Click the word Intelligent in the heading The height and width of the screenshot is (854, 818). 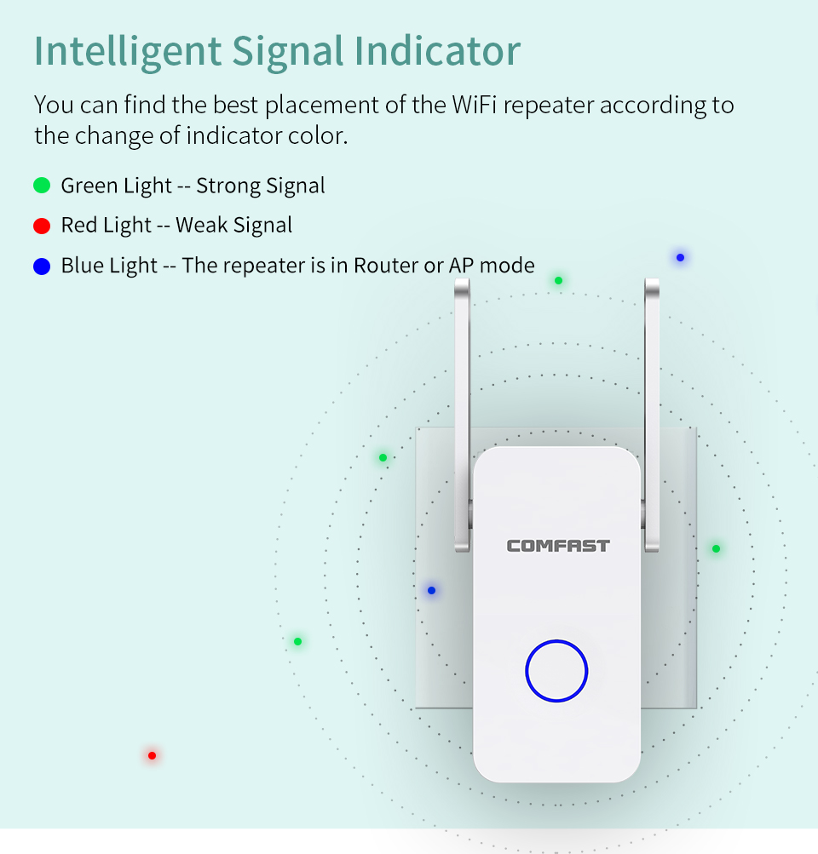(x=128, y=52)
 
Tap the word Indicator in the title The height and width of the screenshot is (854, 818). (x=438, y=50)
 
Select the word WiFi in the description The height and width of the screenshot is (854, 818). (x=474, y=105)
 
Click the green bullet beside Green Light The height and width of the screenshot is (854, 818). (x=42, y=185)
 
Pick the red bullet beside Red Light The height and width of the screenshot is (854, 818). (x=42, y=226)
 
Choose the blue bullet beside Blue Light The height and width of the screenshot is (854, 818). (x=42, y=267)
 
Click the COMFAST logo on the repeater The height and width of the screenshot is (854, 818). (x=558, y=546)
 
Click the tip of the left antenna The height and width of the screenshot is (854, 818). (x=462, y=280)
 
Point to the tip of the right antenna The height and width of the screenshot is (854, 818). (x=652, y=280)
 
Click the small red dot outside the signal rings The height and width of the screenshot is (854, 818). (x=152, y=755)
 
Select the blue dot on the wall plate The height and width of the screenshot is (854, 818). (x=432, y=590)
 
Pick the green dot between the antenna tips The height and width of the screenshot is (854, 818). (x=559, y=280)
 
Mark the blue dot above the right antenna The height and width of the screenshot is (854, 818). (x=680, y=258)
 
